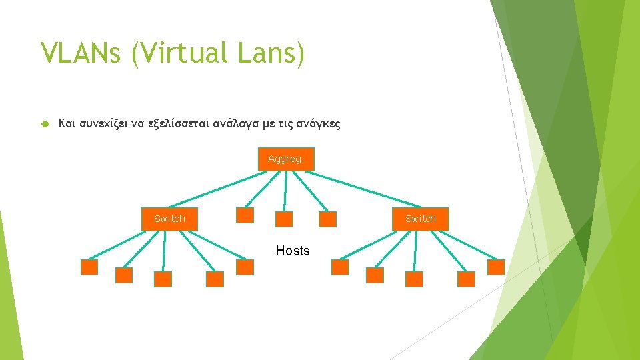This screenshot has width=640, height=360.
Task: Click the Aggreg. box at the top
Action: coord(285,159)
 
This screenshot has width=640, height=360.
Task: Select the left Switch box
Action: coord(169,219)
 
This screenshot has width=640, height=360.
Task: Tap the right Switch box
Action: coord(421,219)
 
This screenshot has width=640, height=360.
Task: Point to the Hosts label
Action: coord(293,251)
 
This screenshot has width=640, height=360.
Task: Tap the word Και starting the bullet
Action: coord(67,123)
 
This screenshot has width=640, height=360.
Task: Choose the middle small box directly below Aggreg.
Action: coord(285,219)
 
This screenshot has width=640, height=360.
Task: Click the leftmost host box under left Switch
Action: coord(89,267)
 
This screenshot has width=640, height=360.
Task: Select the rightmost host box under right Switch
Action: coord(497,267)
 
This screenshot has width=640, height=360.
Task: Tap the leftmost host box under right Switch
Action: coord(341,267)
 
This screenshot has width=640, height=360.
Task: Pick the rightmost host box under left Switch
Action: coord(245,267)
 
